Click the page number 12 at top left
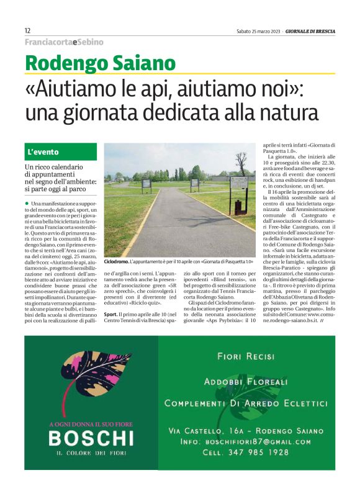click(x=28, y=30)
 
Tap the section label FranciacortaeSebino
click(x=64, y=42)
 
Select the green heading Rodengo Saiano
click(x=100, y=63)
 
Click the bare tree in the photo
click(x=240, y=162)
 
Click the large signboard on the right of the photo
click(x=239, y=184)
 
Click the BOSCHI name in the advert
click(x=91, y=438)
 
